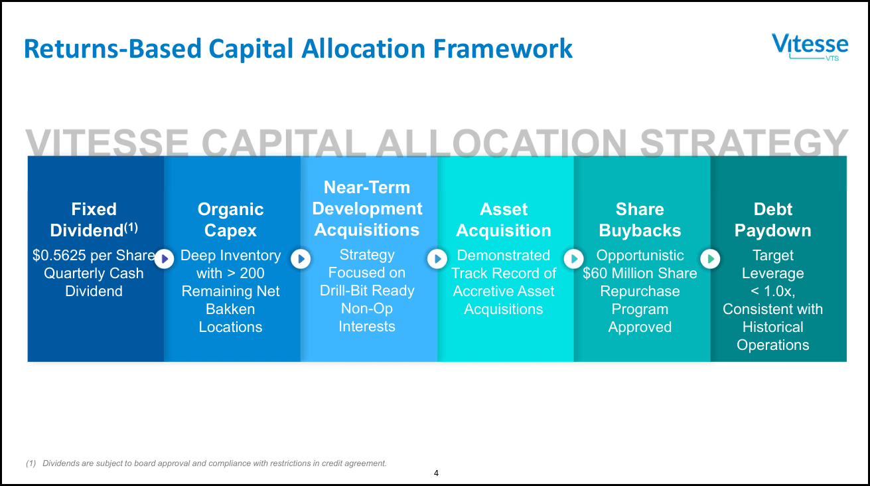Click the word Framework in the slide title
tap(502, 48)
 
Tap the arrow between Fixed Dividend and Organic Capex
tap(165, 259)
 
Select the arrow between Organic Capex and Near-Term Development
tap(301, 259)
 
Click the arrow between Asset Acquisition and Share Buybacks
tap(573, 259)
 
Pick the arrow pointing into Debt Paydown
tap(710, 259)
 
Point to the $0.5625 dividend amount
tap(59, 255)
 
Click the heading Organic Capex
tap(231, 220)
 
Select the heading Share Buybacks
tap(640, 220)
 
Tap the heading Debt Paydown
tap(773, 220)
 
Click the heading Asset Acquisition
tap(504, 220)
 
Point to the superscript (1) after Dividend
tap(131, 227)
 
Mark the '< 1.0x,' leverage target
tap(773, 291)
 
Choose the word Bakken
tap(230, 309)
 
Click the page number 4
tap(436, 473)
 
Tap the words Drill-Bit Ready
tap(367, 291)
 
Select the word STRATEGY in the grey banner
tap(744, 143)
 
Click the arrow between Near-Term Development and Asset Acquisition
tap(437, 259)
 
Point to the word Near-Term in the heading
tap(367, 187)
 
